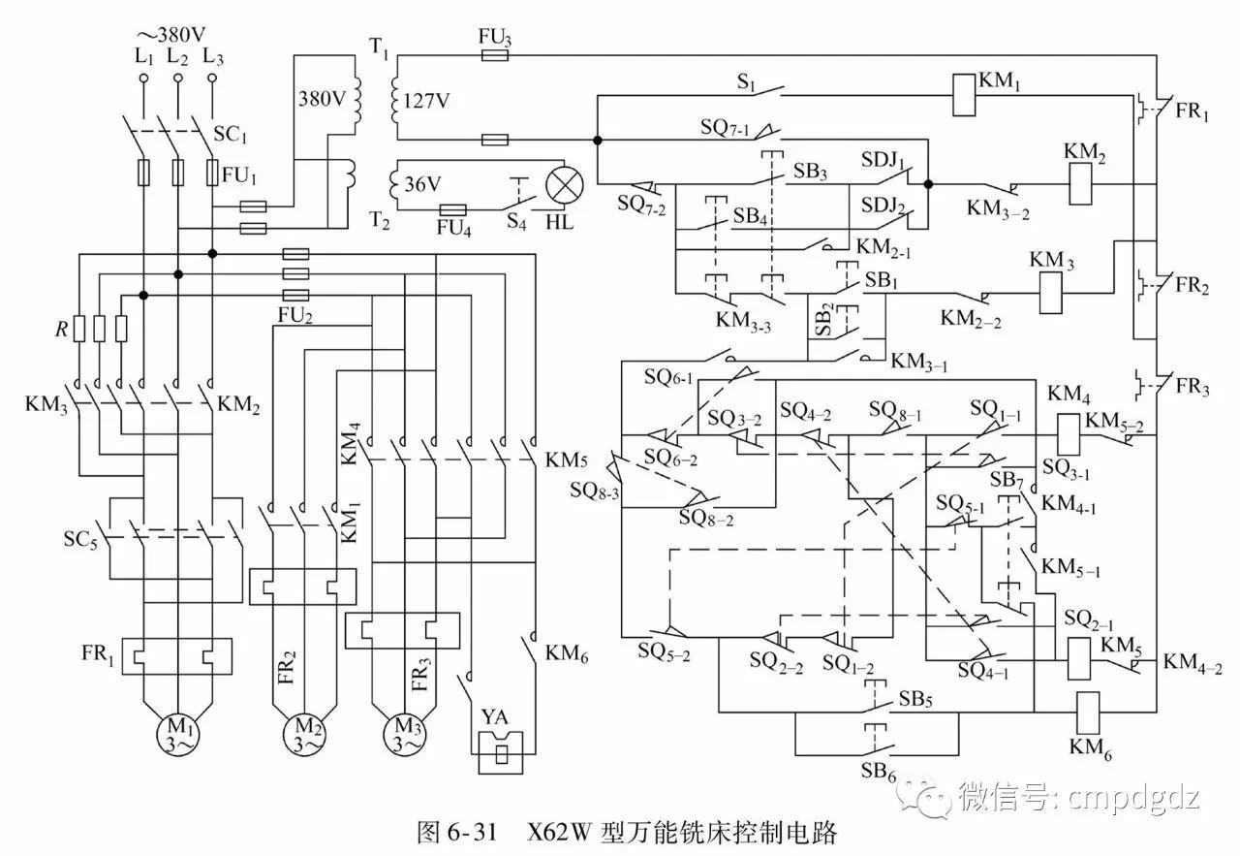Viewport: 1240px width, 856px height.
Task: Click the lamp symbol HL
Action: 561,182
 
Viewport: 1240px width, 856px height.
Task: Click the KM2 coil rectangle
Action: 1082,184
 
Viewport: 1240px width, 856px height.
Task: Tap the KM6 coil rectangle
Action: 1088,710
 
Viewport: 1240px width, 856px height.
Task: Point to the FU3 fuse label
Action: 495,37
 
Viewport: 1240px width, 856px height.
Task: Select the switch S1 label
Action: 746,83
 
